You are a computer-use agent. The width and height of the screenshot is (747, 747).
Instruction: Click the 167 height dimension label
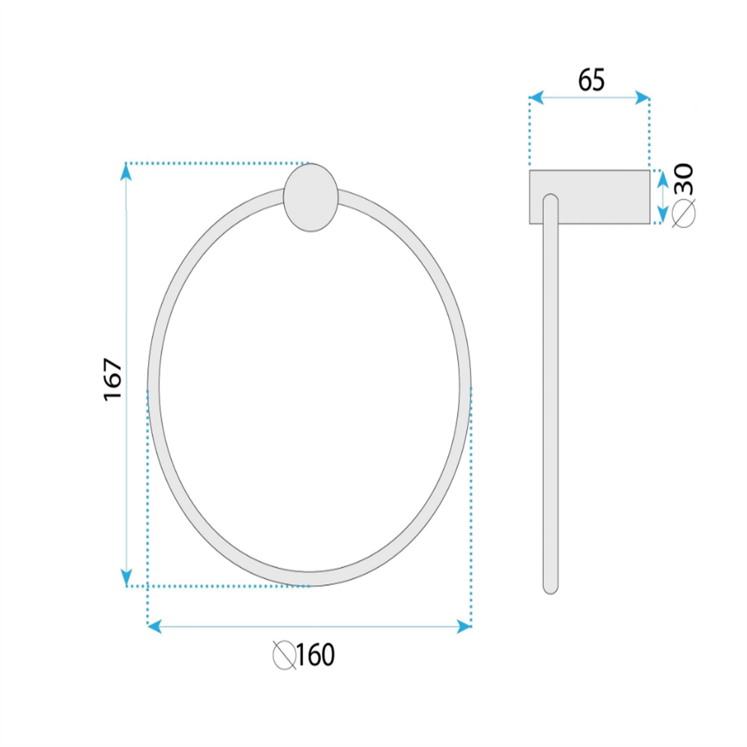[x=113, y=379]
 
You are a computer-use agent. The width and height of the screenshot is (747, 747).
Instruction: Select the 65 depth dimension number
[x=591, y=80]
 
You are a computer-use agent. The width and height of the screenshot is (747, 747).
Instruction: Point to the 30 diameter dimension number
[x=683, y=179]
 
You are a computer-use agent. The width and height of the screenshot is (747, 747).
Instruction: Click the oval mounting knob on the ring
[x=311, y=197]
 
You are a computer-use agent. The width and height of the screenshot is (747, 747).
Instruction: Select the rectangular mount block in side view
[x=589, y=196]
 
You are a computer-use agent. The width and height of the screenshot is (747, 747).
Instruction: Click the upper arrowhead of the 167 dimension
[x=126, y=172]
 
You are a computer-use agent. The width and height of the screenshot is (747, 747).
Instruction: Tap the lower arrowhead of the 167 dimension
[x=126, y=577]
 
